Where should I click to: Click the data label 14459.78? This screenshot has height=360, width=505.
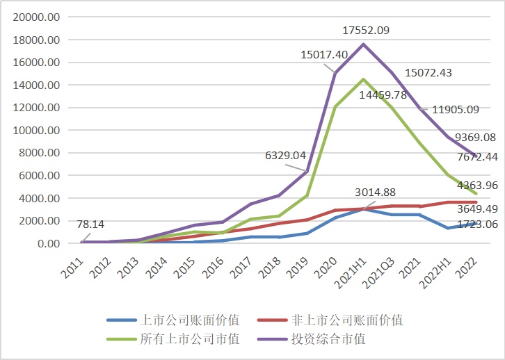tap(387, 95)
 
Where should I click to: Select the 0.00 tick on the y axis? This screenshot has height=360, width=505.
tap(49, 243)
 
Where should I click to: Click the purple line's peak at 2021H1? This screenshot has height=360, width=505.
tap(363, 44)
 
